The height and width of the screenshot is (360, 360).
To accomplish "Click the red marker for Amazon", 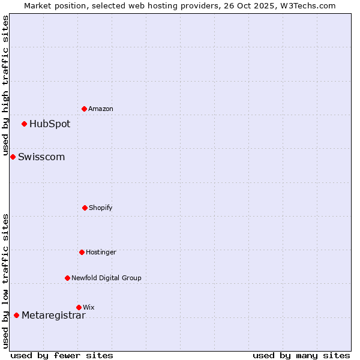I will pyautogui.click(x=85, y=109).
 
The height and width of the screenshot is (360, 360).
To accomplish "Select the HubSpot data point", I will pyautogui.click(x=25, y=124).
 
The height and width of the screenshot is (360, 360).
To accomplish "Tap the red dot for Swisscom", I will pyautogui.click(x=13, y=157).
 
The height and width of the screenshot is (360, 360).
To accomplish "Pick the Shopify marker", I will pyautogui.click(x=85, y=208).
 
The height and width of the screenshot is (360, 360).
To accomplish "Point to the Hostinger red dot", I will pyautogui.click(x=82, y=252).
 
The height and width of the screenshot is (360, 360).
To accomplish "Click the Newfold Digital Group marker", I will pyautogui.click(x=67, y=278).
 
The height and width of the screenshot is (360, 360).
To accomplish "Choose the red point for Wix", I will pyautogui.click(x=79, y=307).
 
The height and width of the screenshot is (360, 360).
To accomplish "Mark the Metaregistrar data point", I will pyautogui.click(x=16, y=315).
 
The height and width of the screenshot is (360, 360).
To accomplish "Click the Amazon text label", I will pyautogui.click(x=101, y=109).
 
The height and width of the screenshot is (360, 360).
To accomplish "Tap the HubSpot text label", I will pyautogui.click(x=50, y=124).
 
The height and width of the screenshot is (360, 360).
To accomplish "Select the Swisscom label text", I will pyautogui.click(x=41, y=157).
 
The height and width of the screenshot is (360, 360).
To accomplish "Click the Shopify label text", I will pyautogui.click(x=101, y=208).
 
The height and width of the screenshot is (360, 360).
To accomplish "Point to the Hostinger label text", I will pyautogui.click(x=101, y=253).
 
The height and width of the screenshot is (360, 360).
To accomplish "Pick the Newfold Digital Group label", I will pyautogui.click(x=106, y=278).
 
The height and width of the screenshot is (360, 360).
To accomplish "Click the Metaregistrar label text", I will pyautogui.click(x=53, y=316).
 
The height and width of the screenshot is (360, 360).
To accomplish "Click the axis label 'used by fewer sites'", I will pyautogui.click(x=62, y=355).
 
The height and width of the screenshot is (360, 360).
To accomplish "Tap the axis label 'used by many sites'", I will pyautogui.click(x=301, y=355).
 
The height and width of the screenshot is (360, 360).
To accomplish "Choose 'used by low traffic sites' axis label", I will pyautogui.click(x=5, y=281).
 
